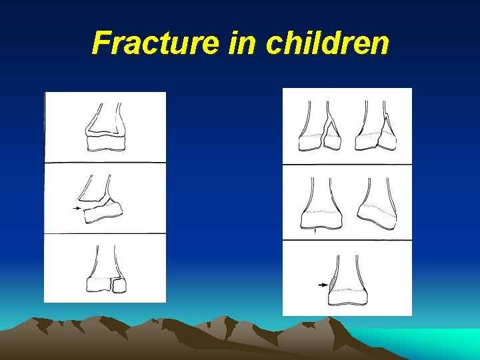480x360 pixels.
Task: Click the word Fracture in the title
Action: [155, 44]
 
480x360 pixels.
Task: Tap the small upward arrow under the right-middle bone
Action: [315, 231]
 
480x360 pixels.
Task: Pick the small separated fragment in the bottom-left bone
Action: [119, 285]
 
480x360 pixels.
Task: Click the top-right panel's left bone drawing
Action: [320, 130]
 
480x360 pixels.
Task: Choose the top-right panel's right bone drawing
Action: [375, 130]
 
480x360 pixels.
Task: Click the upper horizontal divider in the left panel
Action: [105, 162]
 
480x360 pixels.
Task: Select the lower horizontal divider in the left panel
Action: [105, 234]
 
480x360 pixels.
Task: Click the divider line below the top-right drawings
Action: [347, 164]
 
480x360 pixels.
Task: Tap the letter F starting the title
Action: [101, 44]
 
